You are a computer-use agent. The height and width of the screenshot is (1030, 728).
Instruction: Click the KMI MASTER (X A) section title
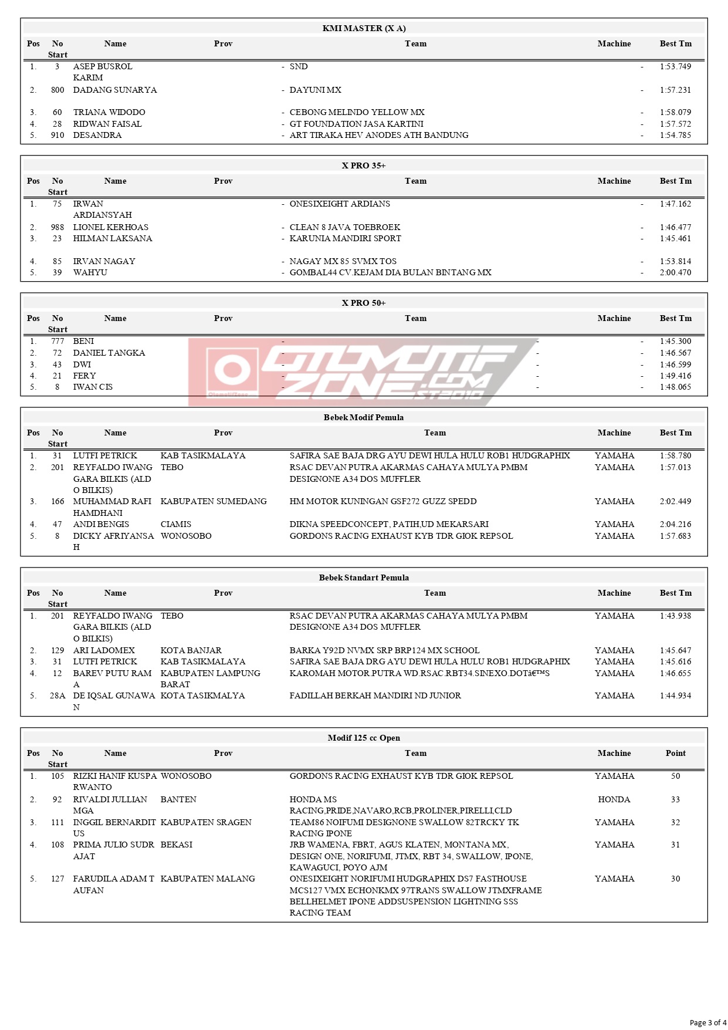[x=364, y=28]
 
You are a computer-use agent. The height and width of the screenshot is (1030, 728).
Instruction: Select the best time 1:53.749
[x=675, y=66]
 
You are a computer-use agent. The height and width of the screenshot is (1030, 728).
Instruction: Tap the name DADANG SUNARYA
[x=115, y=90]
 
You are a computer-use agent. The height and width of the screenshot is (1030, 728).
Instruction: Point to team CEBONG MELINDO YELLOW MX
[x=357, y=112]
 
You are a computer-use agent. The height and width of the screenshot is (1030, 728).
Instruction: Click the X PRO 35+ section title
[x=364, y=166]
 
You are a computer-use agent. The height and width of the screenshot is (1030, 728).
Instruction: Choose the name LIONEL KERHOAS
[x=111, y=227]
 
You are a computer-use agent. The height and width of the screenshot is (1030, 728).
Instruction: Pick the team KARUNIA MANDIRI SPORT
[x=345, y=238]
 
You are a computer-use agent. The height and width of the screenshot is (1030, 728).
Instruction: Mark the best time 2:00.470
[x=675, y=272]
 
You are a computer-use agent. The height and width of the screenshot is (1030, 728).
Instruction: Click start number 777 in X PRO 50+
[x=57, y=341]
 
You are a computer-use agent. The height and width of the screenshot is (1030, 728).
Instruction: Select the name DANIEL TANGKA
[x=109, y=353]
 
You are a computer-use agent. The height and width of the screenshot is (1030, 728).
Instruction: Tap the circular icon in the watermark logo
[x=232, y=370]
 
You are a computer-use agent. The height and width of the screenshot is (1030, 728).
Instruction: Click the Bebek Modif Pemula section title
[x=364, y=417]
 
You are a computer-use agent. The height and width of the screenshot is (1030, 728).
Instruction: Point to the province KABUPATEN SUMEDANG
[x=214, y=501]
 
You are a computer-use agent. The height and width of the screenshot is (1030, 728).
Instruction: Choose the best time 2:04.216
[x=675, y=524]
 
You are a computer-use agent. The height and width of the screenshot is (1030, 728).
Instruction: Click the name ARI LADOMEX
[x=104, y=650]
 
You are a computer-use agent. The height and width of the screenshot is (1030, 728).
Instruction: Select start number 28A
[x=57, y=695]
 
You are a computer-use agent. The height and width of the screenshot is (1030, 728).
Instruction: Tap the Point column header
[x=675, y=753]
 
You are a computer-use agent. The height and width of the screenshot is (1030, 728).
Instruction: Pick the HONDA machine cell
[x=614, y=799]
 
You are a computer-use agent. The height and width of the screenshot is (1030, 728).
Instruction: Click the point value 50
[x=675, y=776]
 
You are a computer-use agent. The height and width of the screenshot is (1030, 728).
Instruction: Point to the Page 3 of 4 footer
[x=707, y=1022]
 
